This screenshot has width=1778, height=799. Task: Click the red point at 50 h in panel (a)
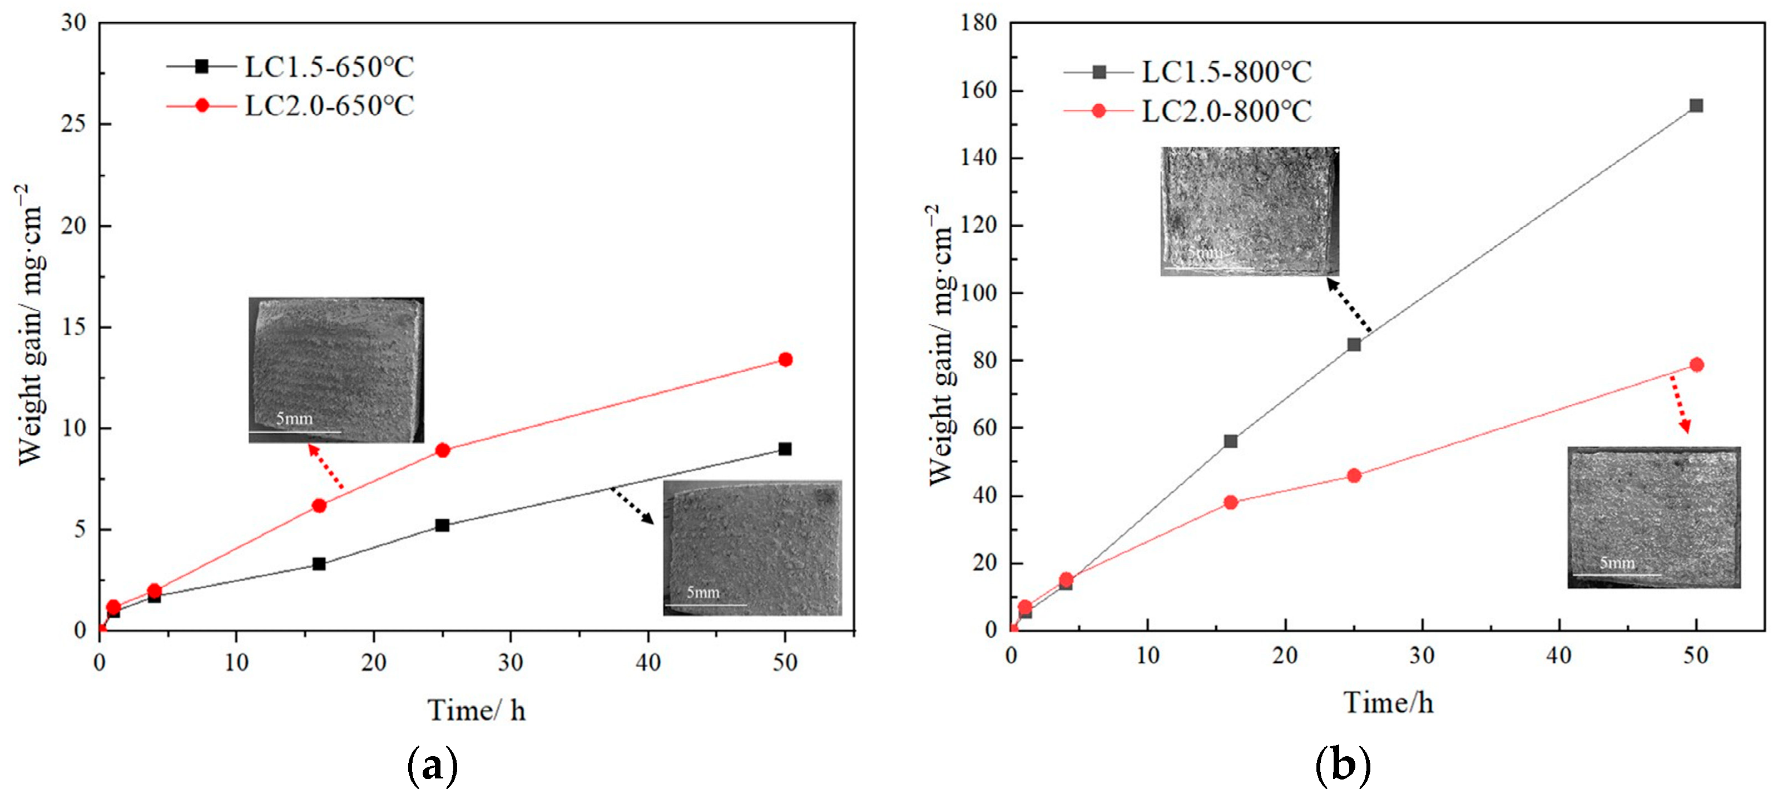(785, 360)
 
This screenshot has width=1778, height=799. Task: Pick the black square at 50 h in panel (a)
(785, 449)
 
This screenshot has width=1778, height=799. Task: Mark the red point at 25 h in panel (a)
(443, 450)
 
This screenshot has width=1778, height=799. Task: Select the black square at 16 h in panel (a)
(319, 564)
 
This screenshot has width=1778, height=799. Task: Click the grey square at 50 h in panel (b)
(1696, 106)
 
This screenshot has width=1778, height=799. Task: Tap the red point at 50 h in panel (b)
(1696, 365)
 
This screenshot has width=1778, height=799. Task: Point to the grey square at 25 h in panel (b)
(1354, 344)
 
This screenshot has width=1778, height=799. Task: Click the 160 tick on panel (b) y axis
(979, 91)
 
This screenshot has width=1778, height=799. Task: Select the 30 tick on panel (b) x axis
(1422, 655)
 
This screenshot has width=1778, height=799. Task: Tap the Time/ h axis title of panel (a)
(476, 710)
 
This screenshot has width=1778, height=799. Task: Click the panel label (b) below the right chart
(1343, 765)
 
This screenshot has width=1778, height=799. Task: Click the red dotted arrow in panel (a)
(326, 467)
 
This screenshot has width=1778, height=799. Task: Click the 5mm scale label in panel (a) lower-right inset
(702, 592)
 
